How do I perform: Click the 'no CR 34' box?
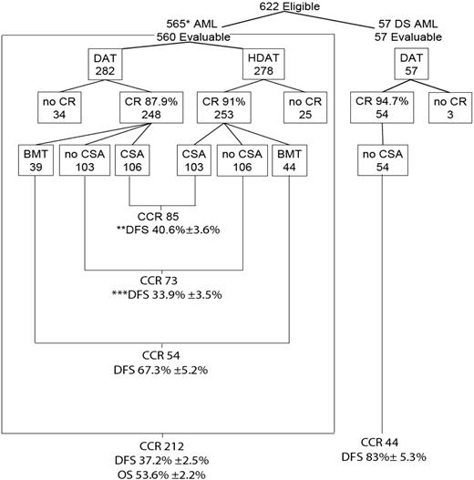(56, 107)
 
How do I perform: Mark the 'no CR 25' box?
(302, 107)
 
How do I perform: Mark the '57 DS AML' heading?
(408, 25)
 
